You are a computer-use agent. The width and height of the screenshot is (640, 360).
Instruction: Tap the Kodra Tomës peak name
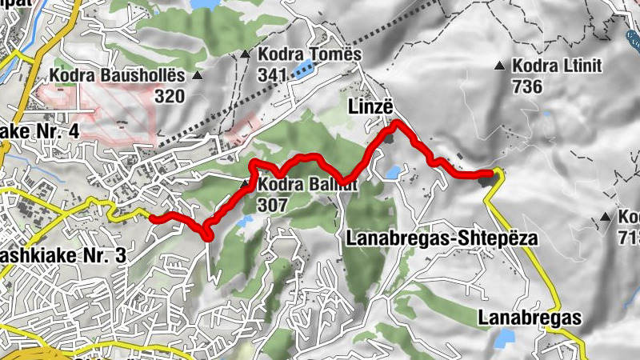click(x=310, y=54)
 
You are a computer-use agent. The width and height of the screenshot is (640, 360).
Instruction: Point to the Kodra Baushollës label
click(x=116, y=77)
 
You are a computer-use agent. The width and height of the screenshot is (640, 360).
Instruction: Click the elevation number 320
click(x=170, y=97)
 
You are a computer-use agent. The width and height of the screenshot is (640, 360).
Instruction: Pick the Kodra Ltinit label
click(x=558, y=66)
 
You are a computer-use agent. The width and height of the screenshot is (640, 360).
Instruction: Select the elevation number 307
click(x=273, y=205)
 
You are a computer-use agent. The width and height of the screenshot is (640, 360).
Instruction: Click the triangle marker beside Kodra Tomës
click(x=246, y=55)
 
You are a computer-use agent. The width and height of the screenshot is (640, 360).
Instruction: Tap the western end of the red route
click(x=152, y=216)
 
